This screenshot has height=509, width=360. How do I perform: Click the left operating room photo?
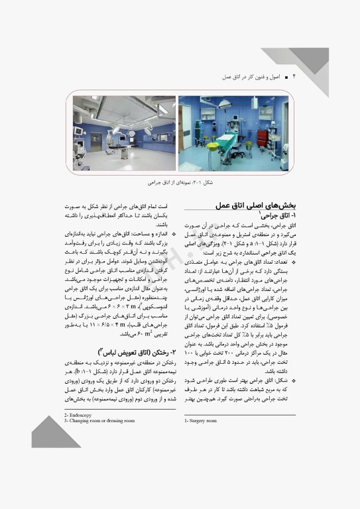[125, 133]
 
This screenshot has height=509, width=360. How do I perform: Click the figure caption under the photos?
[181, 181]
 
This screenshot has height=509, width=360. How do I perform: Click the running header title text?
[255, 78]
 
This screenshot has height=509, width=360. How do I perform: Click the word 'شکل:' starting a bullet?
[282, 381]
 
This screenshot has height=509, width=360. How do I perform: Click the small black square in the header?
[285, 78]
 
